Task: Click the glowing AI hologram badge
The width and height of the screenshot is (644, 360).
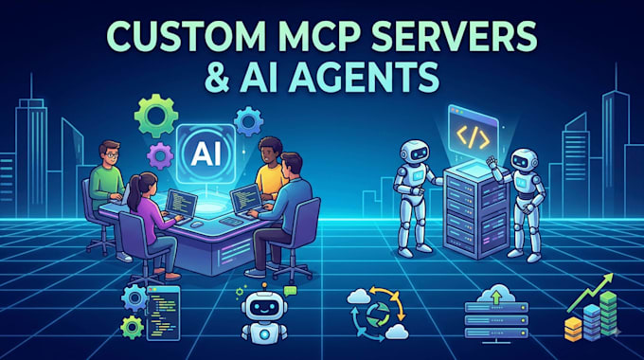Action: [206, 153]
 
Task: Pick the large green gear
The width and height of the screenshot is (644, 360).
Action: [155, 116]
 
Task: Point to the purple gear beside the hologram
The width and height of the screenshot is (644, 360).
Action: [160, 155]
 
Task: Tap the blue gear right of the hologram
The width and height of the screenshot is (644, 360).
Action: [248, 121]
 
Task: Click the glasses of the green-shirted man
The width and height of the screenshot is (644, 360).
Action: [112, 155]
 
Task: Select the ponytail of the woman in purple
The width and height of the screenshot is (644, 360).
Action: [134, 193]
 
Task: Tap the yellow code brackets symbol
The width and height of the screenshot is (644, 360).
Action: [474, 137]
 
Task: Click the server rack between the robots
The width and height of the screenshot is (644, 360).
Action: [475, 208]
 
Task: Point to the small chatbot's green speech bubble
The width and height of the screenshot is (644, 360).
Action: [290, 291]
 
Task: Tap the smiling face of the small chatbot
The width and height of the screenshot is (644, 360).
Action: [263, 308]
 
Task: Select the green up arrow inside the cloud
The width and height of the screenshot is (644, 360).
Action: [496, 297]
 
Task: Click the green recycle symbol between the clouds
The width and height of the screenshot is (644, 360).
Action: [378, 315]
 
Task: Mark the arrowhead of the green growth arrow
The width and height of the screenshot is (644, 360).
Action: [608, 279]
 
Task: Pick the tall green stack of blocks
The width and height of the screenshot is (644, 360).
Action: [607, 315]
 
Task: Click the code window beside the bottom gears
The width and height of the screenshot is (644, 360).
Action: [163, 314]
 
